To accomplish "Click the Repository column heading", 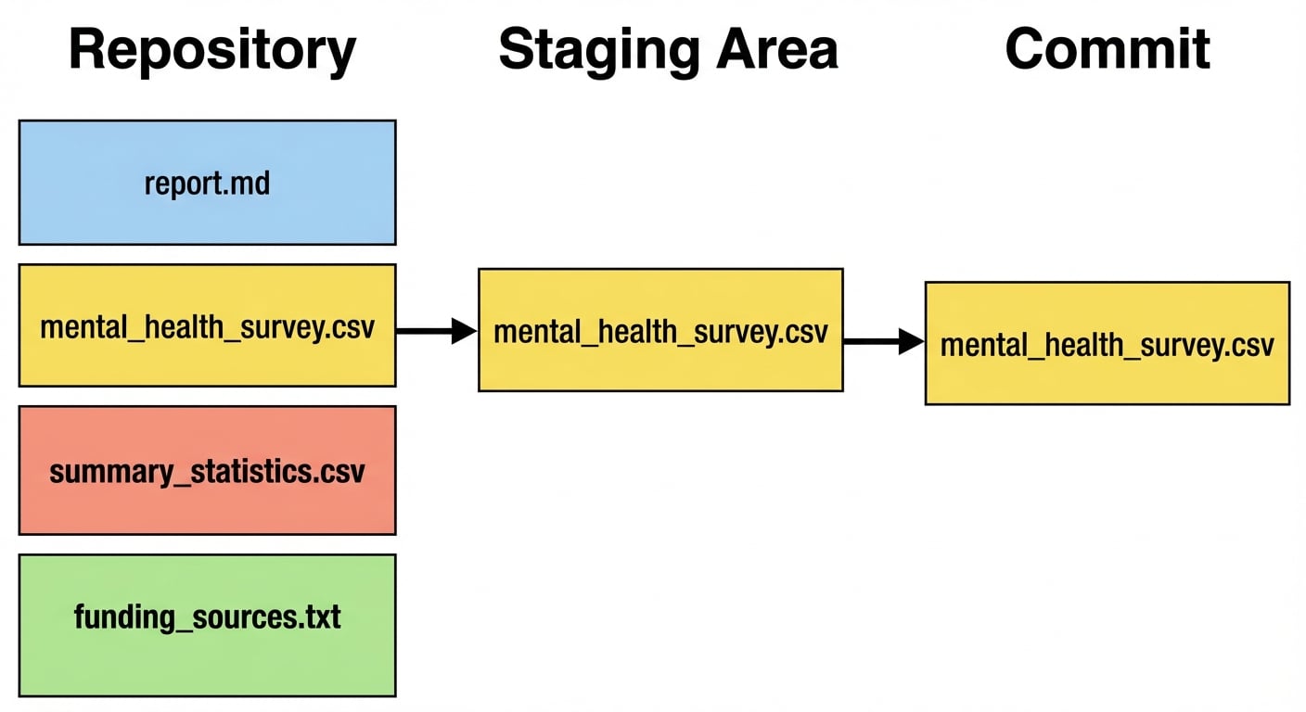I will coord(212,50).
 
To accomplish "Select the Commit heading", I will coord(1108,48).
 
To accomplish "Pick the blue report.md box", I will coord(207,183).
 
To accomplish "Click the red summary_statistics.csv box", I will coord(207,470).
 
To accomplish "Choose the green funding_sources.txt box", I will coord(207,625).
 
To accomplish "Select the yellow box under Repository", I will coord(207,325).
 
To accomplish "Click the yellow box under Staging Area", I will coord(660,330).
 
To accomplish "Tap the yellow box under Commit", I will coord(1107,343).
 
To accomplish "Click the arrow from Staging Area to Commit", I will coord(883,342).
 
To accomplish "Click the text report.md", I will coord(207,184).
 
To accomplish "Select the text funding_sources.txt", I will coord(207,617).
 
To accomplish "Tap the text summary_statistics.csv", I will coord(207,472).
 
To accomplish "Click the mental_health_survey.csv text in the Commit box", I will coord(1107,346).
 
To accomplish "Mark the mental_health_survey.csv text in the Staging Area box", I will coord(660,332).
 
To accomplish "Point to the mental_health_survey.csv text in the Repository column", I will coord(207,327).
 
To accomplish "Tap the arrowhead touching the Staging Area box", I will coord(464,330).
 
